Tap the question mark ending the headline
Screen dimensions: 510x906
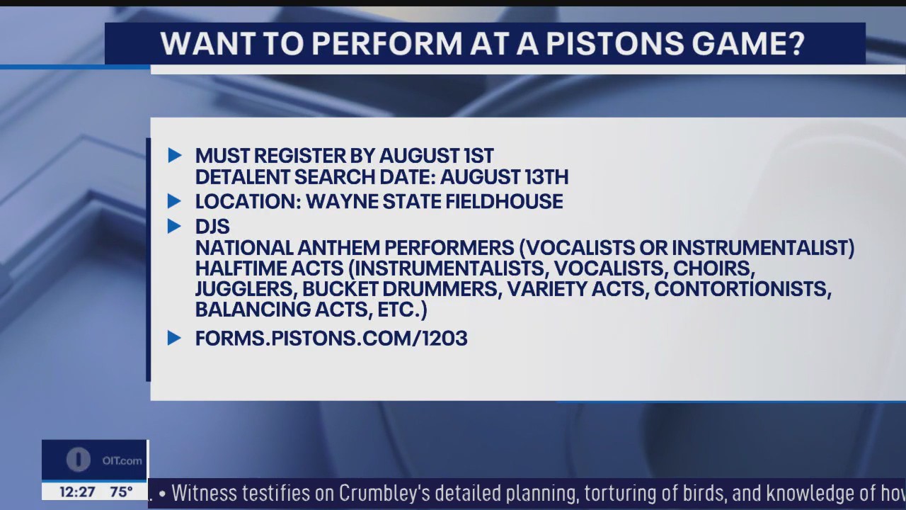click(796, 43)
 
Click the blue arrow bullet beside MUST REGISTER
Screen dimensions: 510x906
click(174, 155)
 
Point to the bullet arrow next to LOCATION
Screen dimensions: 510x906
click(174, 201)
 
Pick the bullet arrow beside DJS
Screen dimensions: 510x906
click(174, 226)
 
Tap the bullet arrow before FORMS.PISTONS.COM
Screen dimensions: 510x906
click(174, 338)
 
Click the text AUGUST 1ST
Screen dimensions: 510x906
click(436, 156)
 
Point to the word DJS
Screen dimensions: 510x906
click(212, 227)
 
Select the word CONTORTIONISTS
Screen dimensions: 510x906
click(742, 289)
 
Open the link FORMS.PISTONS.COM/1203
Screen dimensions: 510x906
click(331, 339)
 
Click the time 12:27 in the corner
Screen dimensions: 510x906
click(77, 492)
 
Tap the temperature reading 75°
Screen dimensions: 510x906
click(121, 492)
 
